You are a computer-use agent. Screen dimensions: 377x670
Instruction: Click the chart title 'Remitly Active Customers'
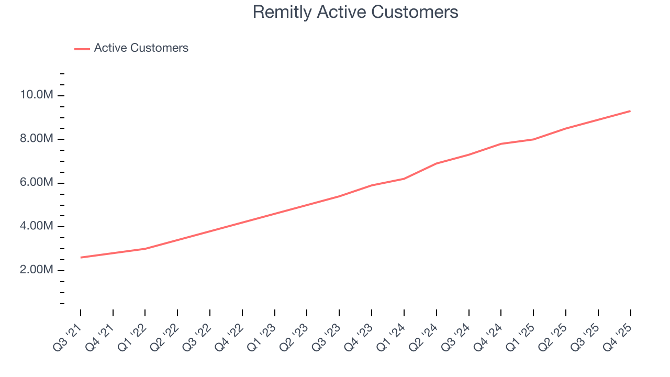tap(355, 12)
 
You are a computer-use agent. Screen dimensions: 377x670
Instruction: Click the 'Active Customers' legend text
tap(141, 48)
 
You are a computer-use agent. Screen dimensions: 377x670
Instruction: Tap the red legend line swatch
tap(82, 49)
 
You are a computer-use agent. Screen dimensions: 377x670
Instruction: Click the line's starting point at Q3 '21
tap(81, 258)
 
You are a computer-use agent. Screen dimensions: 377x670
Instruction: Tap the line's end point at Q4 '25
tap(630, 111)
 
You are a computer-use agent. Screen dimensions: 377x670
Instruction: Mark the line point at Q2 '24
tap(436, 163)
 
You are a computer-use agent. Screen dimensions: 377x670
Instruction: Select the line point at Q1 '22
tap(145, 249)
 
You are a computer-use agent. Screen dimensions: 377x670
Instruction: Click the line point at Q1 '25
tap(533, 139)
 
